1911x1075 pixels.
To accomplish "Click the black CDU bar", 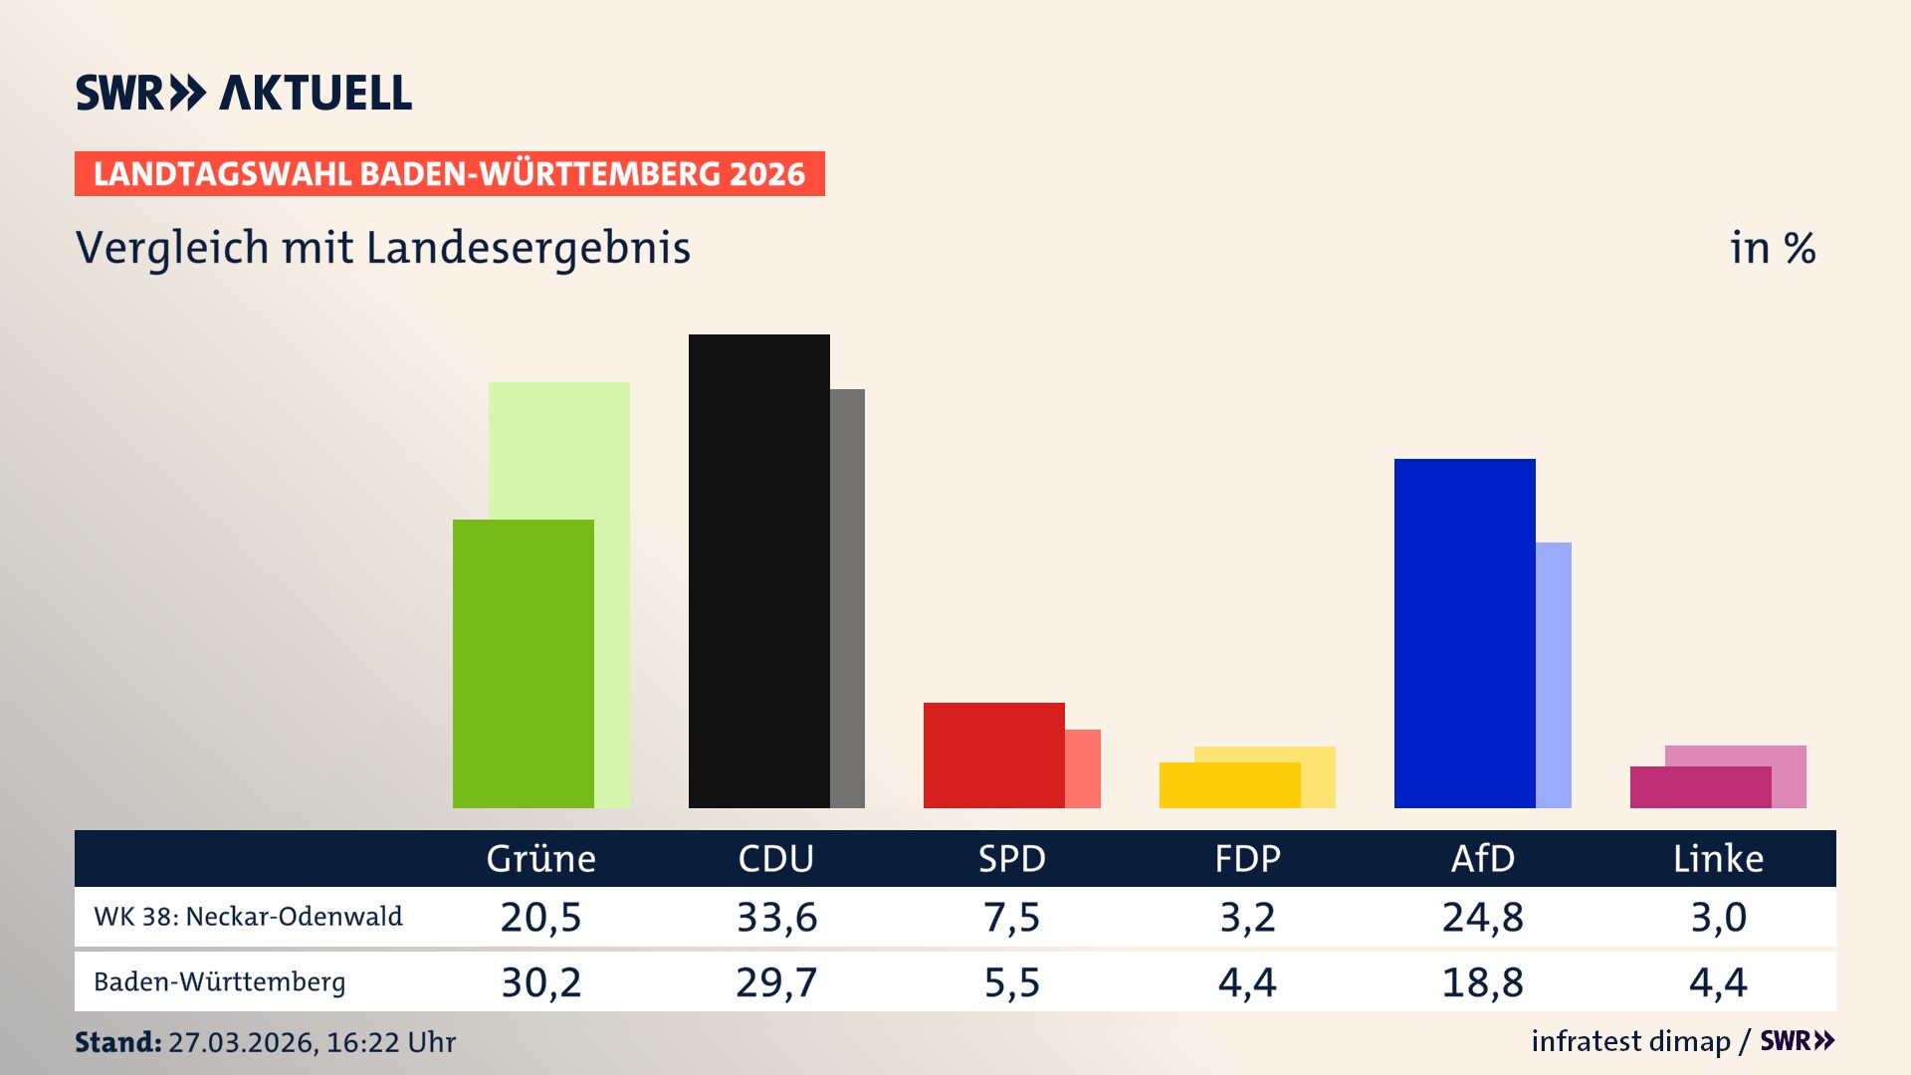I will coord(758,570).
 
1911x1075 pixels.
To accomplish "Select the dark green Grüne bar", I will coord(523,663).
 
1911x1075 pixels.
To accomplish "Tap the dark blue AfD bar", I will coord(1464,633).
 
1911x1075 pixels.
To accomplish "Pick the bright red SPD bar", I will coord(993,754).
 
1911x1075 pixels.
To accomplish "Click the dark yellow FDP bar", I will coord(1229,785).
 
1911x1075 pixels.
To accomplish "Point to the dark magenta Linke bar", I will coord(1700,787).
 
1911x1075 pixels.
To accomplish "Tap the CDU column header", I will coord(775,859).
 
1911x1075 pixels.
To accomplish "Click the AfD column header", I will coord(1482,859).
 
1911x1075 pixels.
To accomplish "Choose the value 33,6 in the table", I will coord(776,917).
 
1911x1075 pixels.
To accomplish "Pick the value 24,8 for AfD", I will coord(1482,917).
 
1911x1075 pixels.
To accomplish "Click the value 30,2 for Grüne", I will coord(540,982).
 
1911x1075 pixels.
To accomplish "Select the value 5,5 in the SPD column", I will coord(1011,982).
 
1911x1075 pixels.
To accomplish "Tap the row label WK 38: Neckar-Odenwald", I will coord(248,917).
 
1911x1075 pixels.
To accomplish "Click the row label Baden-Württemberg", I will coord(219,982).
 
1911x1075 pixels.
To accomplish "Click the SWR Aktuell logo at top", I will coord(243,93).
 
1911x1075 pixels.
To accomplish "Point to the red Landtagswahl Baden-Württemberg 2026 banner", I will coord(449,174).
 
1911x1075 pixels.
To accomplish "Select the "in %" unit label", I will coord(1772,248).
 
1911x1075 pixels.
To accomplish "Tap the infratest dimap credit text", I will coord(1630,1041).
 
